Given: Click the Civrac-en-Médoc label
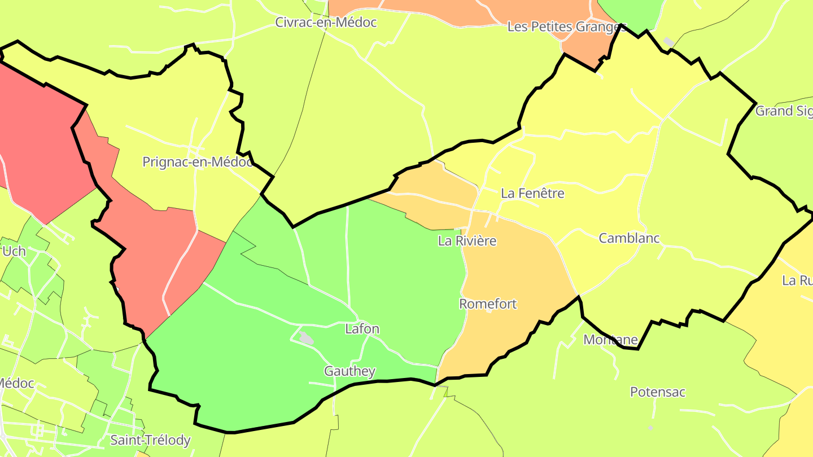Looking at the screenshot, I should coord(326,23).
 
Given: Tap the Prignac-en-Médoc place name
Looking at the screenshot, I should coord(198,162).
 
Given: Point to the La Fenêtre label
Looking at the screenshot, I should coord(532,194).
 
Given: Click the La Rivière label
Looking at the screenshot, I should coord(467,241).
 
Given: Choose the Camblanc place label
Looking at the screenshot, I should coord(629,238).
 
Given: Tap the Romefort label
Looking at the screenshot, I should coord(488,304).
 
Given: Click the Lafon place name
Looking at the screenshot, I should coord(362,329).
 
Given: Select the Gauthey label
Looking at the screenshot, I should coord(349,371).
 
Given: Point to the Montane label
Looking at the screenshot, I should coord(610,340).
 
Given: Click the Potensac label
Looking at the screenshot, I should coord(658,392).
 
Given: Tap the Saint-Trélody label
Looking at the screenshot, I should coord(150,440).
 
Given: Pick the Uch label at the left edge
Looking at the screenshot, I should coord(14,251).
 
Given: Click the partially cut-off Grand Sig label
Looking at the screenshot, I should coord(784,111).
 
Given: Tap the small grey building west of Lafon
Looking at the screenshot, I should coord(306,338).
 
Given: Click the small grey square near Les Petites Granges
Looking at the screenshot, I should coord(669,42).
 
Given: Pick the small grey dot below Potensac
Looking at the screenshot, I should coord(650,428).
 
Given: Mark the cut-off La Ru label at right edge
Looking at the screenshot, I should coord(797,280).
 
